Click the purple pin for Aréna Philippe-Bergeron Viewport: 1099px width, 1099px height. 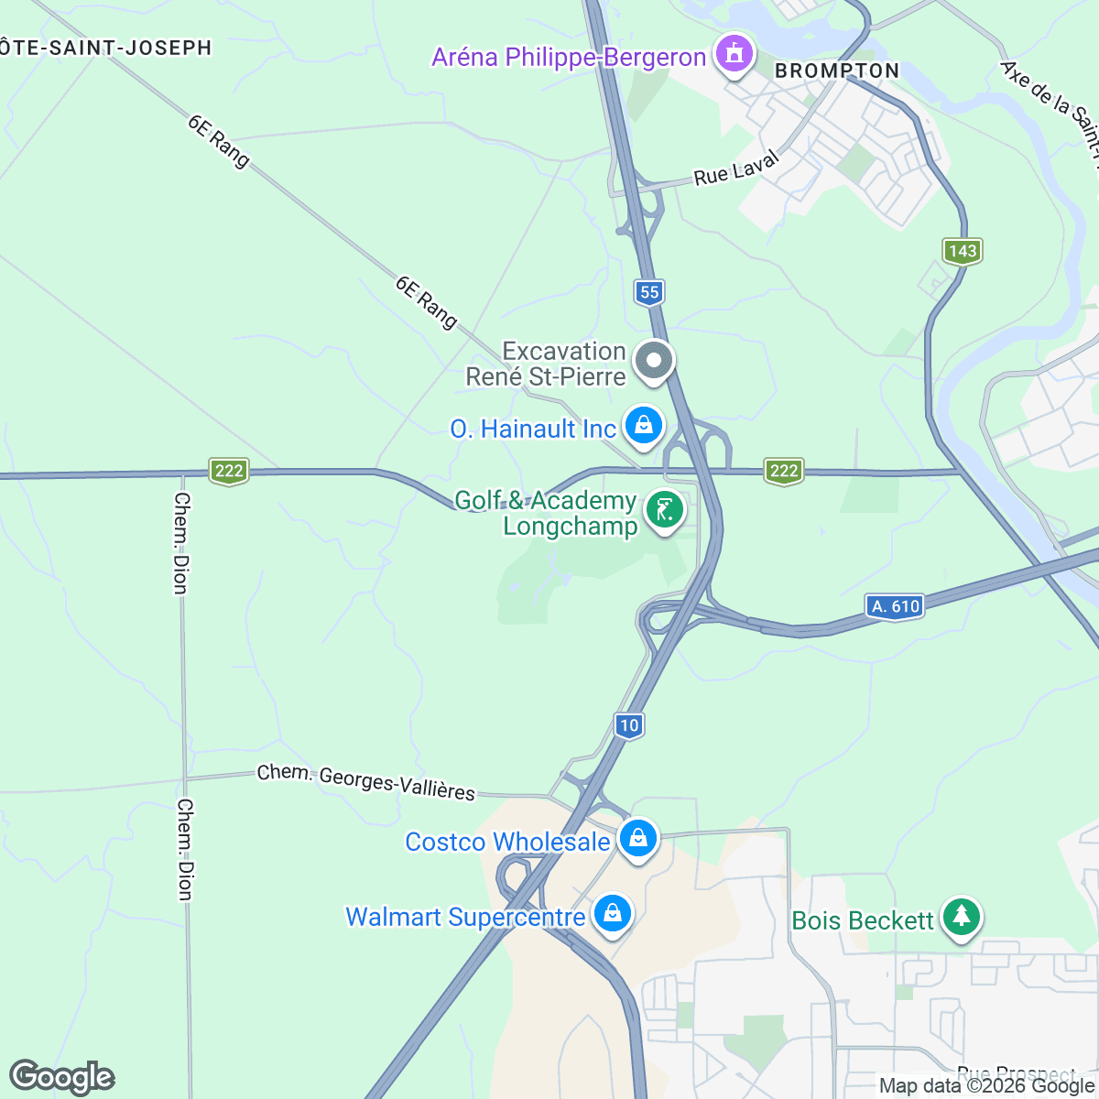click(733, 54)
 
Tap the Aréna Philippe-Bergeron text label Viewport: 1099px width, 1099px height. click(569, 58)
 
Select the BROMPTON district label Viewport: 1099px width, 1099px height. click(837, 71)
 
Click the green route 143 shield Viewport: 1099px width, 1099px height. click(963, 251)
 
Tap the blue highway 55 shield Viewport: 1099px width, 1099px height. click(648, 292)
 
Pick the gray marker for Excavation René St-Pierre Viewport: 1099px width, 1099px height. click(653, 360)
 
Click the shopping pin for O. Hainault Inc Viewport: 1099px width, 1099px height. click(644, 426)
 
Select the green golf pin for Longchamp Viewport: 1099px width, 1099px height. click(664, 510)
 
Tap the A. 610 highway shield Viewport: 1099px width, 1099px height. click(895, 606)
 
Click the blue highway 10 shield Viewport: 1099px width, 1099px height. click(628, 725)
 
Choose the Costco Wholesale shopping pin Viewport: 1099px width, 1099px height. click(637, 838)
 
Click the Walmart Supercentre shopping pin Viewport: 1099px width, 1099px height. click(612, 914)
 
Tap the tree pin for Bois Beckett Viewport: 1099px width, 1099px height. click(961, 916)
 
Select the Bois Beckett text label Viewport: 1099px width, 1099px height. click(863, 920)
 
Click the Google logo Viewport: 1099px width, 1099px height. click(62, 1077)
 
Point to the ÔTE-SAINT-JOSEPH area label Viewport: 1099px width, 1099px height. click(106, 48)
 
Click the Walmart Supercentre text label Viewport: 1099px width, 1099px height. click(465, 917)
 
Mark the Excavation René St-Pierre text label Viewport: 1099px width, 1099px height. click(547, 364)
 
